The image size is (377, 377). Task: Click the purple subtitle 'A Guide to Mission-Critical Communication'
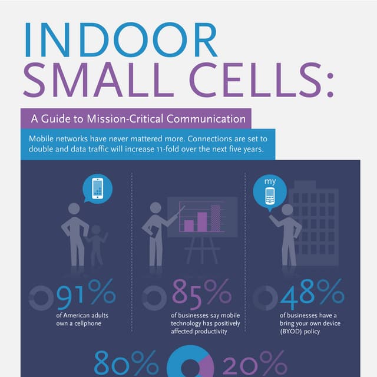(x=138, y=118)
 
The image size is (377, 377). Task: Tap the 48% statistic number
(x=312, y=293)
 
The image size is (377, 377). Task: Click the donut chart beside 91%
(x=41, y=297)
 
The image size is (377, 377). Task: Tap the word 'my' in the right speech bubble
(x=270, y=181)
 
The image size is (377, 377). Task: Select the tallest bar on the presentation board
(x=216, y=219)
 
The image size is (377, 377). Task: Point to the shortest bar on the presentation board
(x=189, y=225)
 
